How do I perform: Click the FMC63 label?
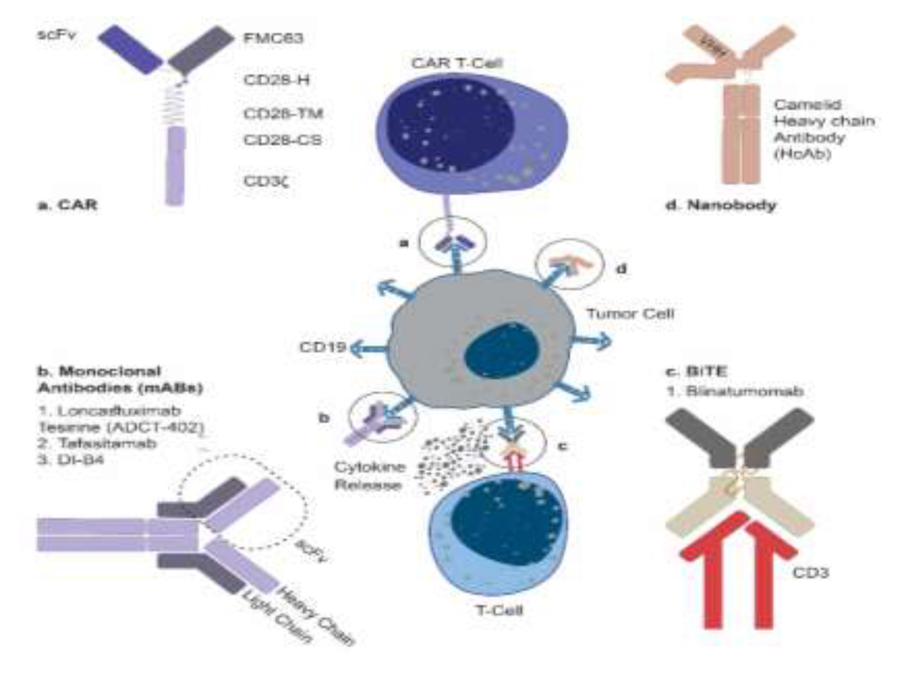tap(273, 38)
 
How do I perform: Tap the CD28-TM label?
tap(283, 113)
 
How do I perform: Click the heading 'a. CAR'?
tap(67, 205)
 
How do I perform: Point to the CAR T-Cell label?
tap(457, 63)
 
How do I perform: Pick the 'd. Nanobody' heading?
tap(720, 205)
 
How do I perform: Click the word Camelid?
tap(807, 105)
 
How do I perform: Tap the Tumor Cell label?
tap(630, 313)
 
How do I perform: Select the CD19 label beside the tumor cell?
tap(323, 347)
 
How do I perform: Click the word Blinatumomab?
tap(744, 391)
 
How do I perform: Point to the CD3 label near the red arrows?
tap(810, 572)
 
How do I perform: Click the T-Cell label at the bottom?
tap(499, 609)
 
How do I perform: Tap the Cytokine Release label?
tap(368, 476)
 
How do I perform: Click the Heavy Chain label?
tap(315, 616)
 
